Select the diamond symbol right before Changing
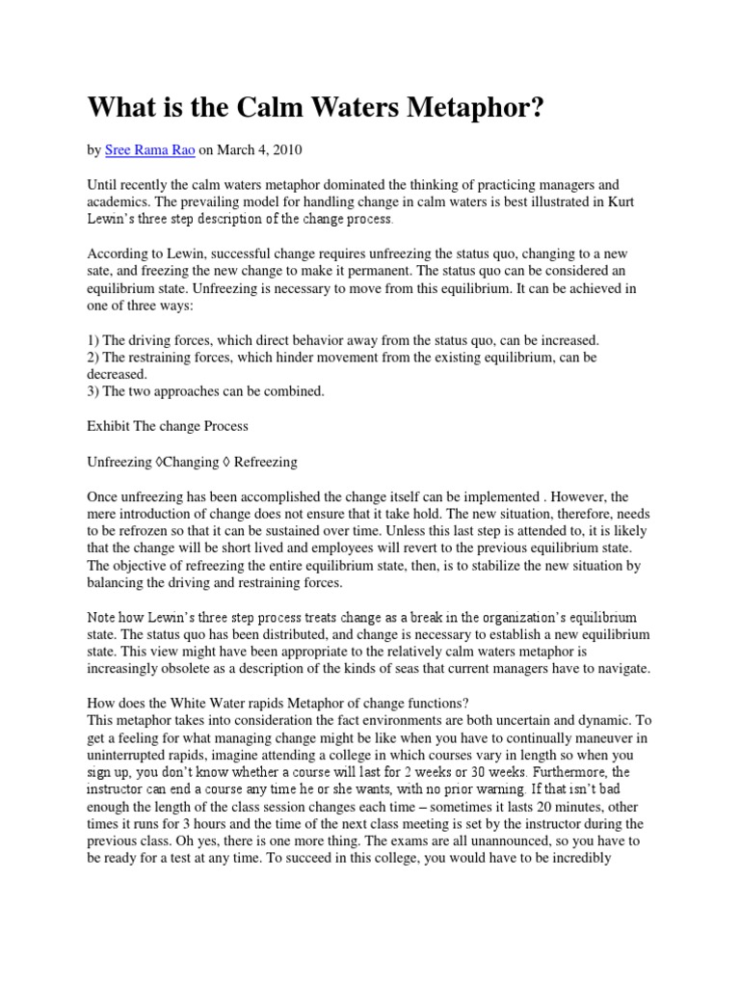tap(157, 462)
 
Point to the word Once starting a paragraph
tap(105, 496)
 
